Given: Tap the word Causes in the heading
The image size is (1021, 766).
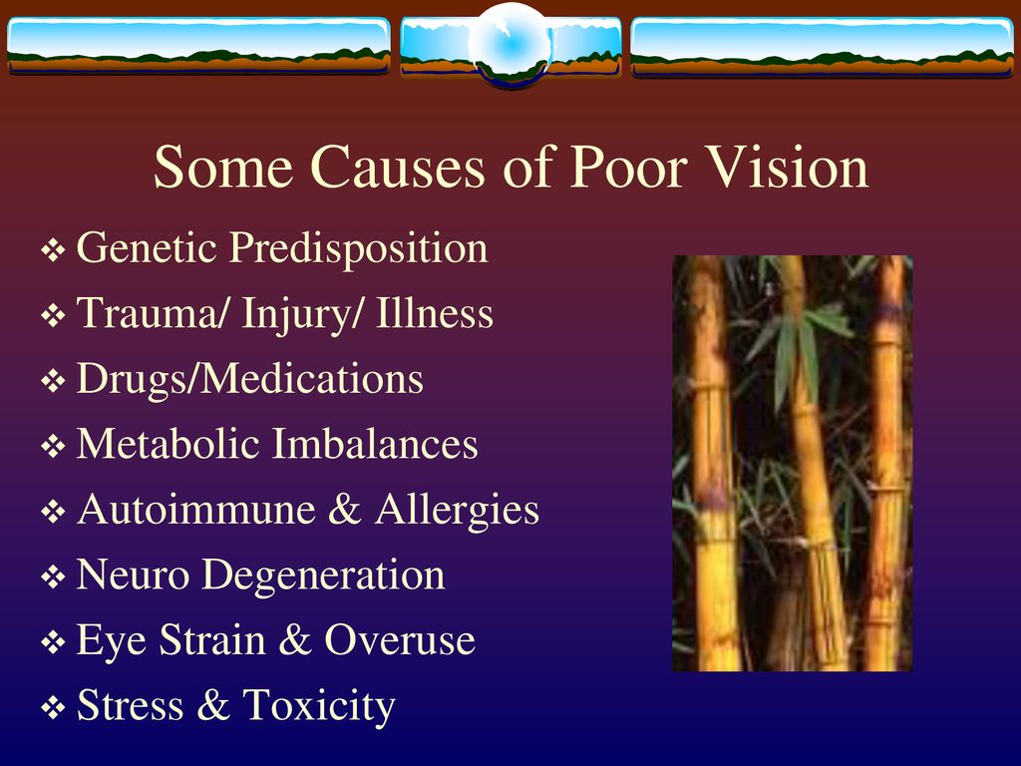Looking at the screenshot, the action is click(398, 167).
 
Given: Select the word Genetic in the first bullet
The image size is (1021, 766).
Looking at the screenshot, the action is click(147, 247).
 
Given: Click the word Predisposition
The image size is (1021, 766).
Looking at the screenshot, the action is click(358, 249).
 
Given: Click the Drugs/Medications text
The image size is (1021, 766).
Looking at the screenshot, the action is click(250, 379).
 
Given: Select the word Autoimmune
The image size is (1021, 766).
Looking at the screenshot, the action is click(196, 509).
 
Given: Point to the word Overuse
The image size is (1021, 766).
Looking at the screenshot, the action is click(400, 639).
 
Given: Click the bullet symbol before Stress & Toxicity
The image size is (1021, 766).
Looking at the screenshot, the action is click(53, 707).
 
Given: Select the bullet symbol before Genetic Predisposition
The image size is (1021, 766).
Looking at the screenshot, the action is click(53, 250).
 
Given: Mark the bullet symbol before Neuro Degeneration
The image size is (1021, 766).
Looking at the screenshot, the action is click(53, 576).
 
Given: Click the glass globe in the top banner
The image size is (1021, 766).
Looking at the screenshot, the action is click(511, 44).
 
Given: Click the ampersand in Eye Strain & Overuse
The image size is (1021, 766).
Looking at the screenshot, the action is click(295, 639).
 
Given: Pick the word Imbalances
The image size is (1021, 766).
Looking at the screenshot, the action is click(375, 444).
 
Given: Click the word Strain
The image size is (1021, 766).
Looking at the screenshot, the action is click(212, 639).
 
